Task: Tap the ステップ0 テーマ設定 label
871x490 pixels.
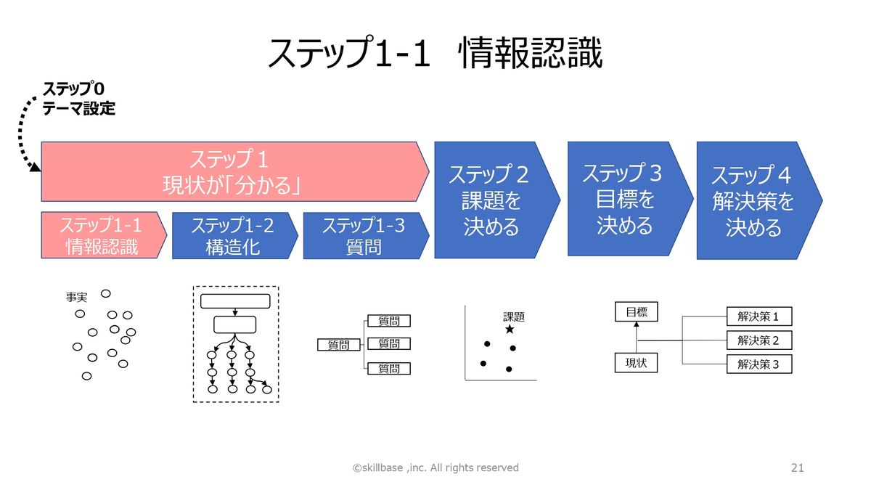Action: pos(78,99)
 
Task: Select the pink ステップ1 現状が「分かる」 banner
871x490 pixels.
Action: pos(232,172)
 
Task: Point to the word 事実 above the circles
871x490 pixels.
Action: pos(76,298)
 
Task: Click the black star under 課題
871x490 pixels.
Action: pos(510,330)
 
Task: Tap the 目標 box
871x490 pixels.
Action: pos(636,313)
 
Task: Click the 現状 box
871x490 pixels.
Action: pos(636,363)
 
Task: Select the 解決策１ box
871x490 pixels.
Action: pos(758,317)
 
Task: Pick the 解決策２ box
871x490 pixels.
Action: pos(758,340)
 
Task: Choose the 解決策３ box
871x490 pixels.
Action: pos(758,364)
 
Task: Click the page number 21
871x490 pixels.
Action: pos(797,467)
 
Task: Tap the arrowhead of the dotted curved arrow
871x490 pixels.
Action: pos(34,168)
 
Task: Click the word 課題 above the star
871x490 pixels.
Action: pos(514,317)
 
